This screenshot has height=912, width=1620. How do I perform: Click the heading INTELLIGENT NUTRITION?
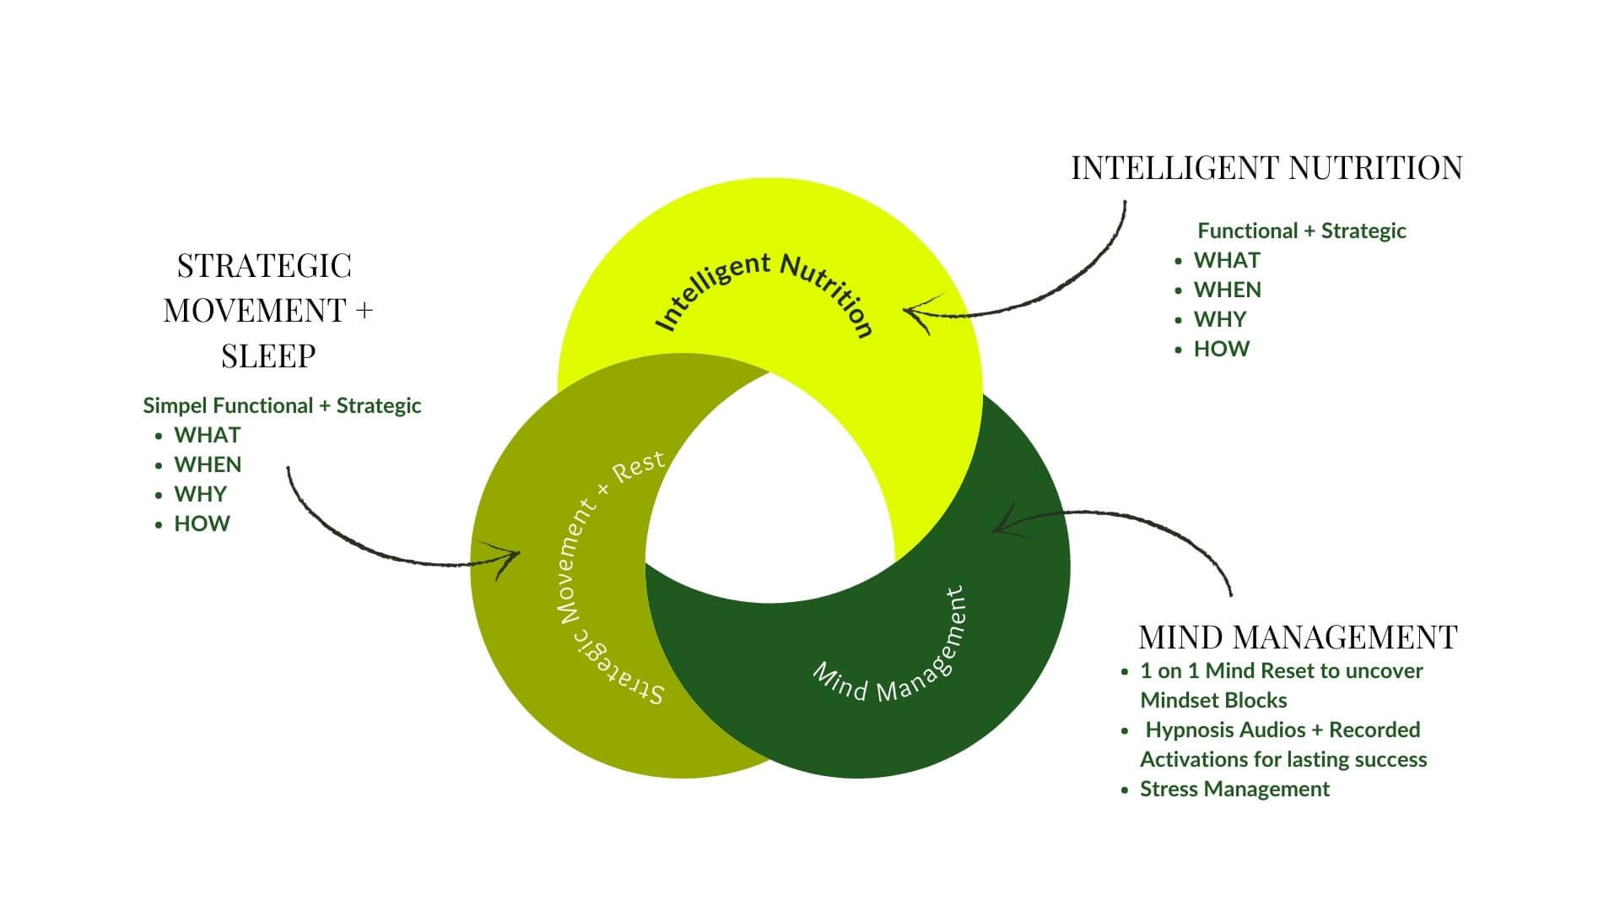1266,168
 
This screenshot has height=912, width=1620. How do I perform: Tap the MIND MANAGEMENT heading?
1298,637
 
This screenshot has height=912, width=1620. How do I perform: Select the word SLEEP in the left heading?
268,356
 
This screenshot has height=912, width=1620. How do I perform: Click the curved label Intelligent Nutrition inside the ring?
764,291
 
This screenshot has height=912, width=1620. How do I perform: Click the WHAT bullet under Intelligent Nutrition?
1227,260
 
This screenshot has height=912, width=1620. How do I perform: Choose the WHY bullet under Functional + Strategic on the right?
1219,319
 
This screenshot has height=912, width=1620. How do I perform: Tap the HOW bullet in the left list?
202,524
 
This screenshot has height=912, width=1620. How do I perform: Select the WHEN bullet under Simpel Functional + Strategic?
208,464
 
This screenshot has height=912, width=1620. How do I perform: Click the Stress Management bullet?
1234,789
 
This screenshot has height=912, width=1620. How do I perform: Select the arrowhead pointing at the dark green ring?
1001,526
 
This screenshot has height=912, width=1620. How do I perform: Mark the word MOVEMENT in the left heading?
255,311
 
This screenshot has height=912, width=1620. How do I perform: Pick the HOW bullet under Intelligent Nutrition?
1221,349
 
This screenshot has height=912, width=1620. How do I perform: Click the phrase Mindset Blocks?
1213,700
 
